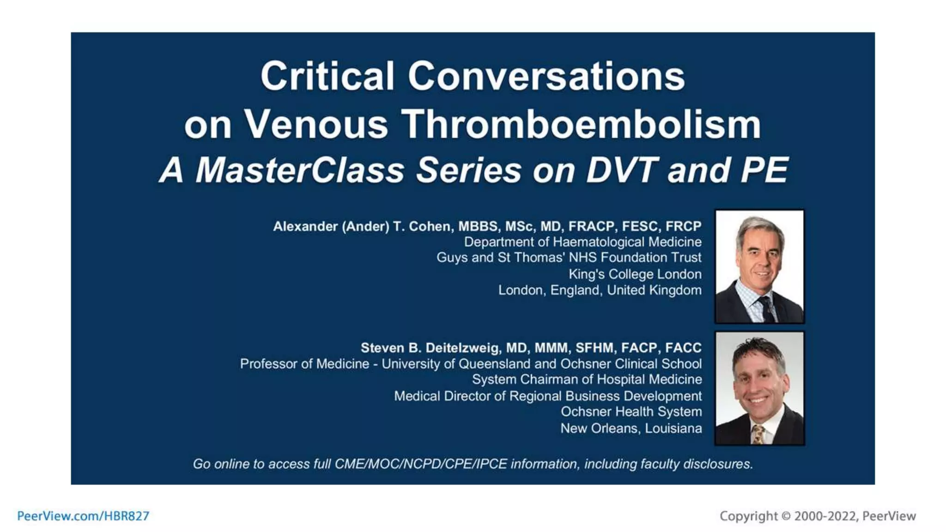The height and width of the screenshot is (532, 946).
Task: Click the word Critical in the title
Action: (x=327, y=76)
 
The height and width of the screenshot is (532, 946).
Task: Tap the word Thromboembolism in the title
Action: (x=581, y=125)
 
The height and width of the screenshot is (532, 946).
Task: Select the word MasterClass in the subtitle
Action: (x=300, y=170)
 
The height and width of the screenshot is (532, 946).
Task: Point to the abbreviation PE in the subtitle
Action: (x=764, y=170)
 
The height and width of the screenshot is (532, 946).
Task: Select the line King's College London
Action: (x=635, y=274)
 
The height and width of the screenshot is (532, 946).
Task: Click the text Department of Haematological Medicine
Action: (x=582, y=242)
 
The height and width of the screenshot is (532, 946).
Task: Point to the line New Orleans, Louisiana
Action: (x=631, y=429)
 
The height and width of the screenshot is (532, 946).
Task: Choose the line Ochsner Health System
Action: (x=631, y=411)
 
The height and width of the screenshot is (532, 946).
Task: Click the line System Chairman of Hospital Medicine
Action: (x=587, y=380)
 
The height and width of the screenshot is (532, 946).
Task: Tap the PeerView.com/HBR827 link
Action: (x=83, y=516)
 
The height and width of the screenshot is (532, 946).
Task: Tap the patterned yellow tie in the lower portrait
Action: (x=758, y=434)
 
